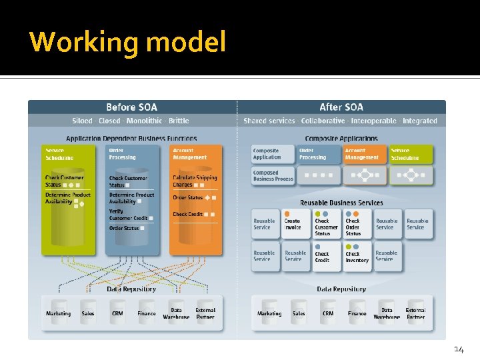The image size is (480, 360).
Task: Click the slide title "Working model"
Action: click(x=128, y=42)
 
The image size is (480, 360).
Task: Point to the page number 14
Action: click(x=459, y=349)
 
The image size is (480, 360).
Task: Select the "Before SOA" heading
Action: click(x=131, y=107)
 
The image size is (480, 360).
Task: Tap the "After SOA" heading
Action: click(x=341, y=107)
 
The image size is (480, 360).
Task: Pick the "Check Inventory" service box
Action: click(x=357, y=257)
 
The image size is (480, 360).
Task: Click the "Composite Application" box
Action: click(x=273, y=154)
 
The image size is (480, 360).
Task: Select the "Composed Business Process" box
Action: click(x=273, y=175)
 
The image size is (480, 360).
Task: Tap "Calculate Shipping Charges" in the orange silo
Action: click(x=195, y=181)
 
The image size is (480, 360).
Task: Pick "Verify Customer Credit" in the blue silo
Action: click(x=128, y=215)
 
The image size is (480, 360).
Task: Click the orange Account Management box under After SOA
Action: click(x=362, y=154)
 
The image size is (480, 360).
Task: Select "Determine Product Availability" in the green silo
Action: click(x=67, y=198)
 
